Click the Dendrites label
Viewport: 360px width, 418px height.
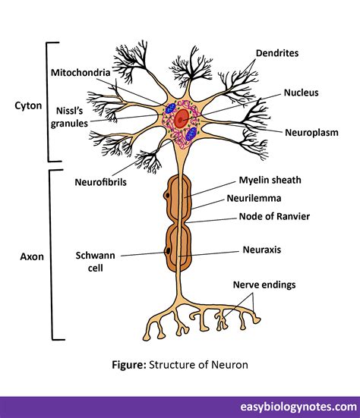[278, 54]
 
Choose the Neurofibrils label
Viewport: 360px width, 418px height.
[100, 182]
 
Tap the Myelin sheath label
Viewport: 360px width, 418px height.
[270, 180]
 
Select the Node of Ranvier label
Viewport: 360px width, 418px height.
[274, 216]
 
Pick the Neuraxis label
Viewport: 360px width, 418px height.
[262, 249]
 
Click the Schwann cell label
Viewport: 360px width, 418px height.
[92, 261]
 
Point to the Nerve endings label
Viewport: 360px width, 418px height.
[264, 285]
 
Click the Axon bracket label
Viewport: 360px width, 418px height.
[31, 256]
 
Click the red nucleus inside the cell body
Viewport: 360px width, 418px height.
[179, 118]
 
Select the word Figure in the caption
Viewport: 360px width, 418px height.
[128, 365]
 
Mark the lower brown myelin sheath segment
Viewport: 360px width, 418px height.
[180, 246]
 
